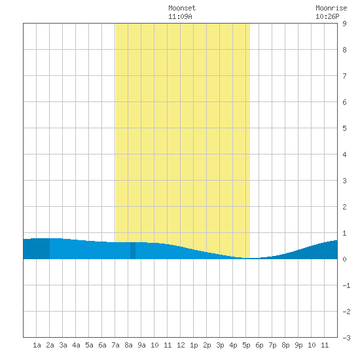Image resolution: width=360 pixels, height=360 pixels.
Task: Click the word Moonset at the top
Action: (182, 8)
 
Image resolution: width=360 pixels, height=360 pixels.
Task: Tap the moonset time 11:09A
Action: (180, 16)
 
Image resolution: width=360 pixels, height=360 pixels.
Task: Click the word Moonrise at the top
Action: (331, 8)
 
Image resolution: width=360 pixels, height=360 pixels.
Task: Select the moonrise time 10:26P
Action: (327, 16)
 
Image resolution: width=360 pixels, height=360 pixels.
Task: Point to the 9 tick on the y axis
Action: (344, 24)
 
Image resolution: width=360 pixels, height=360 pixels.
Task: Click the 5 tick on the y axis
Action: (344, 128)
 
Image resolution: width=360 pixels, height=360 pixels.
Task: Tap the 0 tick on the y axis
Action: (344, 259)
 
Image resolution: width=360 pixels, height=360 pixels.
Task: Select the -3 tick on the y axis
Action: (346, 338)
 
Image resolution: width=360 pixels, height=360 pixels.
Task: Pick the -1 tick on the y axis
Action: (346, 285)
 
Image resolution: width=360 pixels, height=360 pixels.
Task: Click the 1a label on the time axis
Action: (37, 345)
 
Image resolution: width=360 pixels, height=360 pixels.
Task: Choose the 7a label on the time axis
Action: (115, 345)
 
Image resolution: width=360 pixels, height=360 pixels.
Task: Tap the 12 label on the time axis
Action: (181, 345)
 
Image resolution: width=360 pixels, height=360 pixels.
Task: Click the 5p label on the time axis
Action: (246, 345)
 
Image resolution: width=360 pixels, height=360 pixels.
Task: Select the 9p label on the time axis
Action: (298, 345)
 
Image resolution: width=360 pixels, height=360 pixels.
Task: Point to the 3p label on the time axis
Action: (220, 345)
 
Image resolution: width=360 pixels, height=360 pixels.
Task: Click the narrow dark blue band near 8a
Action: (133, 251)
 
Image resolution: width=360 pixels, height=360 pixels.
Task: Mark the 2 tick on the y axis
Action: (344, 207)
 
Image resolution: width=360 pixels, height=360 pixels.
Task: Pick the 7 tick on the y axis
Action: (344, 76)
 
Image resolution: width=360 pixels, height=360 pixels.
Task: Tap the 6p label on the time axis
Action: (259, 345)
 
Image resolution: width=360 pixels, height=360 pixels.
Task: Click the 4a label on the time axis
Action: (76, 345)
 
